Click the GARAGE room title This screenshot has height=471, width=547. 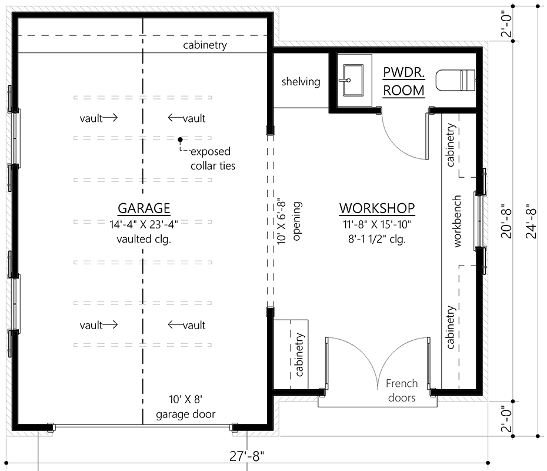(x=144, y=208)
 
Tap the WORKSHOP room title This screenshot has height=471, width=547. (x=377, y=208)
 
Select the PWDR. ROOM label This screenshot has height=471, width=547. (x=403, y=81)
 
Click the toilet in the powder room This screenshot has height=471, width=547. (x=455, y=79)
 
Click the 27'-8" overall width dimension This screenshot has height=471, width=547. (x=247, y=455)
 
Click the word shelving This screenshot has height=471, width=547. (x=301, y=82)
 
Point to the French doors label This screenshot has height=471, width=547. (x=402, y=390)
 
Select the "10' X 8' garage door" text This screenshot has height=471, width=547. (x=186, y=407)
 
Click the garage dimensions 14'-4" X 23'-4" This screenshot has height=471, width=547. (x=144, y=224)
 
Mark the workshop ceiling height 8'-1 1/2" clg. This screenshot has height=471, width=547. (x=376, y=239)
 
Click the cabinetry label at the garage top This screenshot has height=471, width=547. (x=204, y=45)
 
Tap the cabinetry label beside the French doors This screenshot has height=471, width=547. (x=300, y=355)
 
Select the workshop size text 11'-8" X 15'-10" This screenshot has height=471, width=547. (x=376, y=224)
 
